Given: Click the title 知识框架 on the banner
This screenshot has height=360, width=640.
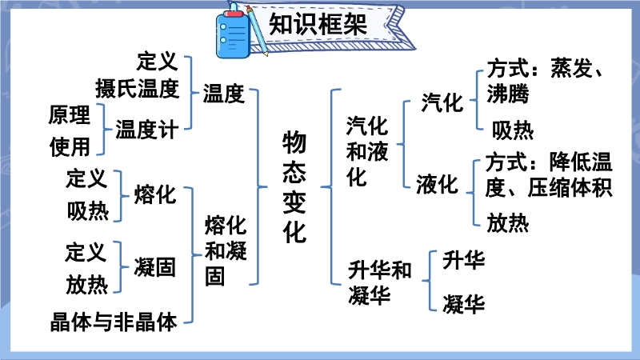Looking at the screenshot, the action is tap(318, 24).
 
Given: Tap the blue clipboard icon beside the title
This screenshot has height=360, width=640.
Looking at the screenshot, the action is tap(232, 34).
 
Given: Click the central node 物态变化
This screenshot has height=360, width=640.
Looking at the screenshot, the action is tap(294, 187).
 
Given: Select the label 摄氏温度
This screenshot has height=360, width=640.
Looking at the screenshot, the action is tap(138, 89).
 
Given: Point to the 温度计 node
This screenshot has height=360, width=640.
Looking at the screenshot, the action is tap(147, 130).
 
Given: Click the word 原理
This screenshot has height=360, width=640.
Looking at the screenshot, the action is tap(70, 114).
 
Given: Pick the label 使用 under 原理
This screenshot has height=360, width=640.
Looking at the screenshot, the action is tap(70, 147).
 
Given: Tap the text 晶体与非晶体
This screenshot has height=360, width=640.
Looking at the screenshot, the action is tap(114, 322).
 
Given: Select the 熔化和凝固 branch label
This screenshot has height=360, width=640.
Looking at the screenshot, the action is tap(226, 250).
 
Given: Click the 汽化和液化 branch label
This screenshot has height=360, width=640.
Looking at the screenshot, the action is tap(367, 151).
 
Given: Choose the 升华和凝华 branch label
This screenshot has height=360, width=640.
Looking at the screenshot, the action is tap(379, 282).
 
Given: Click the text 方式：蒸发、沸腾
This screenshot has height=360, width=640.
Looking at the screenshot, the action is tap(545, 81).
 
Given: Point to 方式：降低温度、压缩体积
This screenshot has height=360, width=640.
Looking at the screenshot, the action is tap(549, 174).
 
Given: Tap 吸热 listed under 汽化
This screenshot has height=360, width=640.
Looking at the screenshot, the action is tap(513, 131).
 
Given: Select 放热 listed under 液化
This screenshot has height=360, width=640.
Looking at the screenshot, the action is tap(508, 223).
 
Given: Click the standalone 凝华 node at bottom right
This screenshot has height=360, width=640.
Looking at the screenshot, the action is tap(464, 304).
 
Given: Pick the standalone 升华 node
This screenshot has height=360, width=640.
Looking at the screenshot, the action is tap(464, 260).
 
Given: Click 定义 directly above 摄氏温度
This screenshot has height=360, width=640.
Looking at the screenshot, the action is tap(158, 62).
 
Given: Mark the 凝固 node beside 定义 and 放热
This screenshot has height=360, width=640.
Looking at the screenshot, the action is tap(154, 268).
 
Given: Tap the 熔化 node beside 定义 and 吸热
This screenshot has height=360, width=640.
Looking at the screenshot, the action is tap(154, 194).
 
